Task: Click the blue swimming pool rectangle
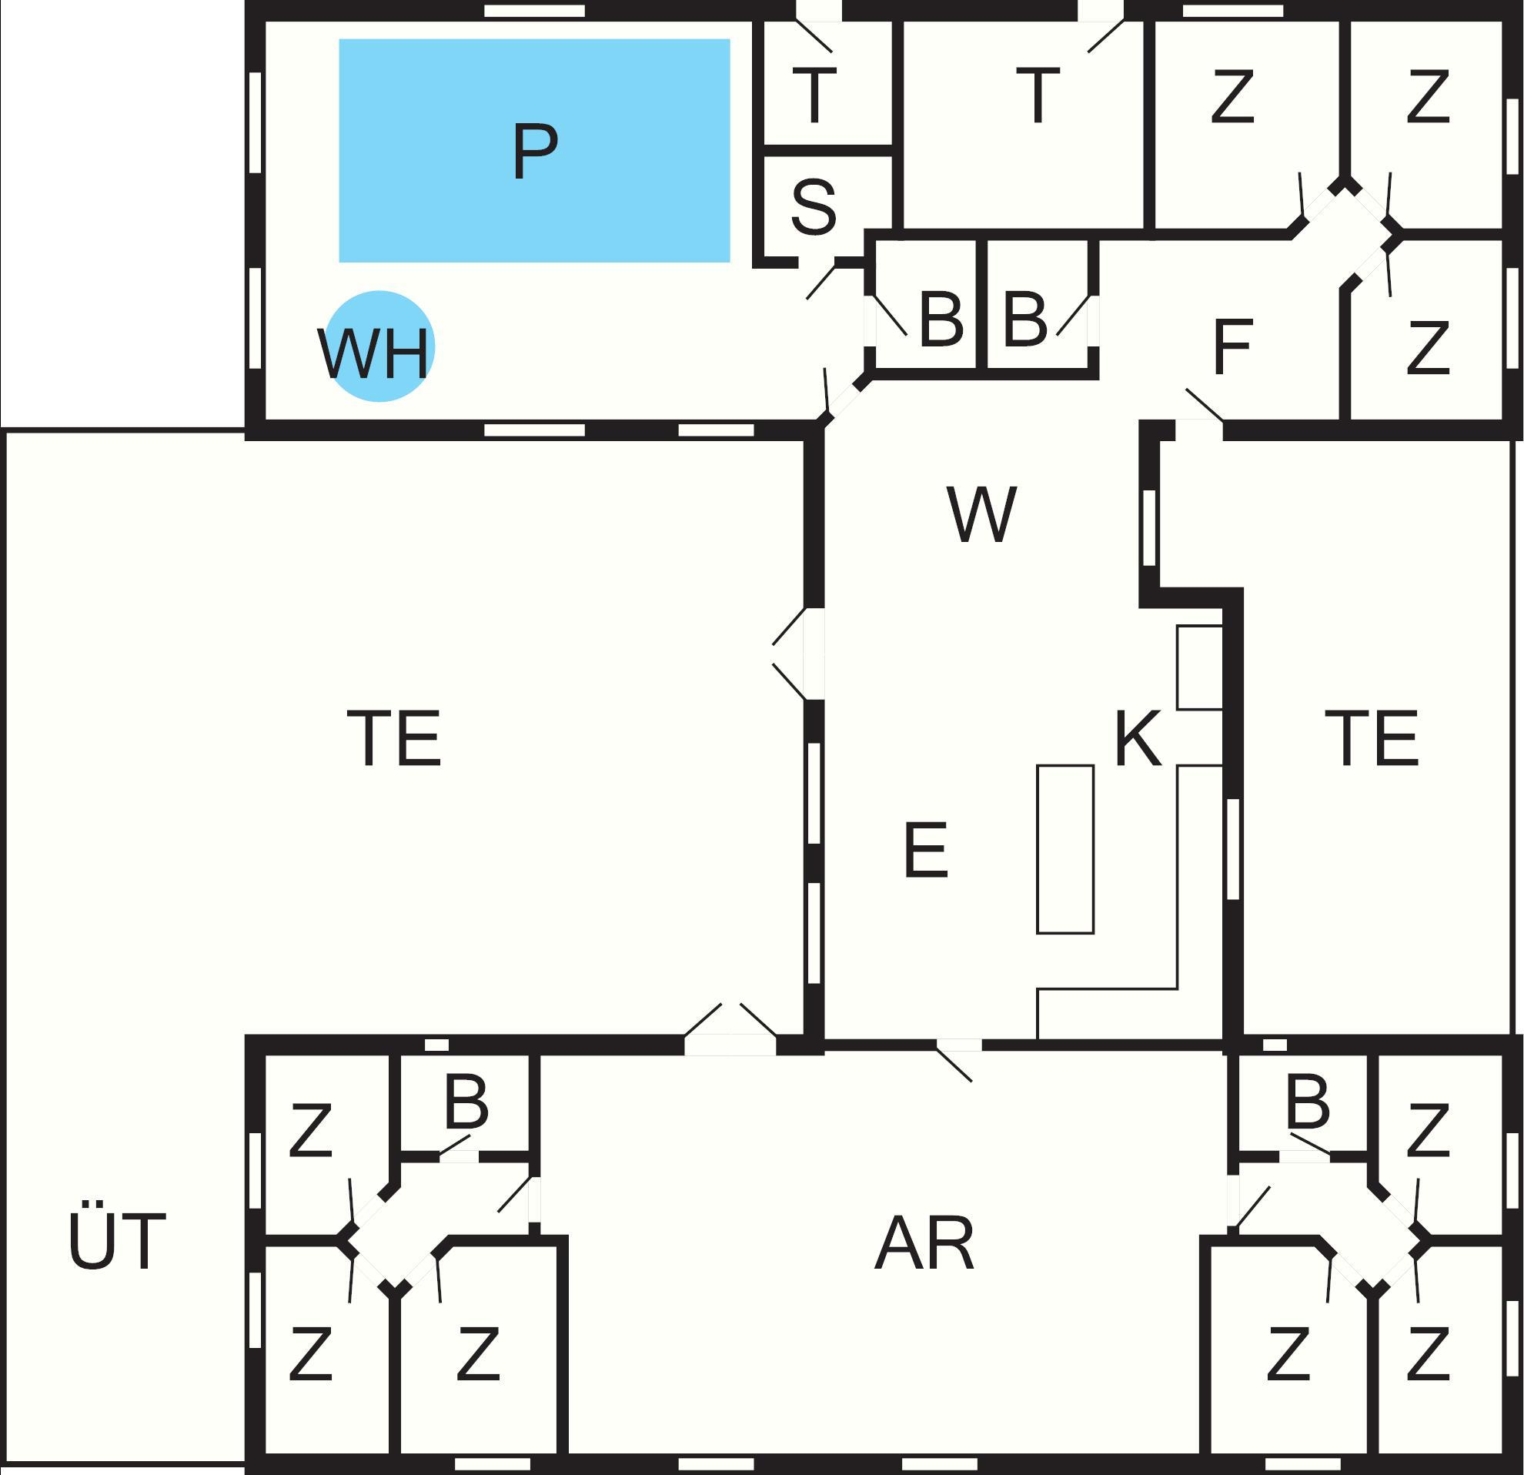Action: (x=534, y=150)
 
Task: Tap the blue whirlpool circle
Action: (x=379, y=346)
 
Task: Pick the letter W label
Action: (x=981, y=514)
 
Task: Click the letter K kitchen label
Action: (x=1138, y=738)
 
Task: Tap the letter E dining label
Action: (x=926, y=850)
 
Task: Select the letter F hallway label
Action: (x=1232, y=346)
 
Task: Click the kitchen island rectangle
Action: (x=1065, y=849)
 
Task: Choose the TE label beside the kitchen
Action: (x=1372, y=738)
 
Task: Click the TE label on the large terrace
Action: (x=394, y=738)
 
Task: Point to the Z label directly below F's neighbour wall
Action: (x=1429, y=346)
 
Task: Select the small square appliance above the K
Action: (x=1200, y=667)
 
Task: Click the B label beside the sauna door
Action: (x=941, y=319)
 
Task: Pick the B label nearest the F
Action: (x=1025, y=319)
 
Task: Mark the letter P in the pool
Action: (x=536, y=150)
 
